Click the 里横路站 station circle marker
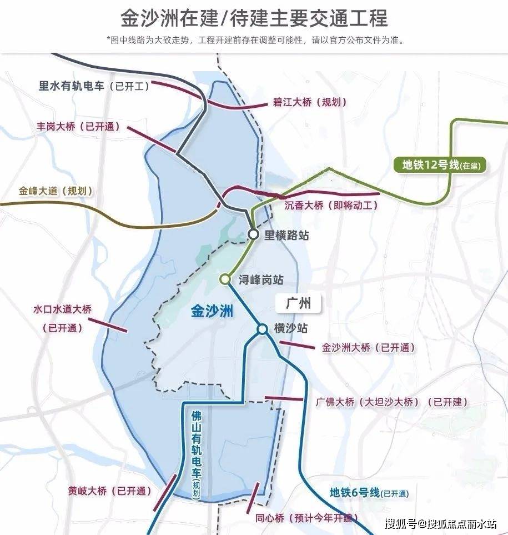click(x=253, y=234)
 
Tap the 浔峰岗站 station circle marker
click(x=225, y=279)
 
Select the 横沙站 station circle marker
click(x=262, y=329)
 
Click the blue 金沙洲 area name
click(x=212, y=312)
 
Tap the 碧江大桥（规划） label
click(x=310, y=102)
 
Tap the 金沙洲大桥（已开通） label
click(x=368, y=348)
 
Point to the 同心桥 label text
click(x=270, y=518)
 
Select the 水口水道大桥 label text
click(x=62, y=309)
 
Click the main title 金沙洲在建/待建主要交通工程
click(x=254, y=18)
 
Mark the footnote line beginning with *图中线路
click(x=254, y=40)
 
